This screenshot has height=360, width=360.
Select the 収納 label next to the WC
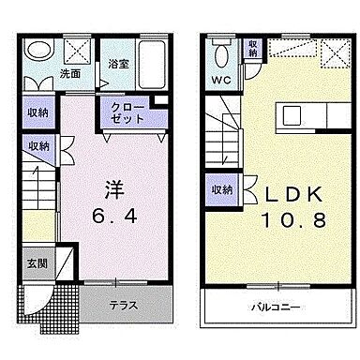coord(253,50)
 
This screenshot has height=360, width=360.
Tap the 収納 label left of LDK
coord(221,189)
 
